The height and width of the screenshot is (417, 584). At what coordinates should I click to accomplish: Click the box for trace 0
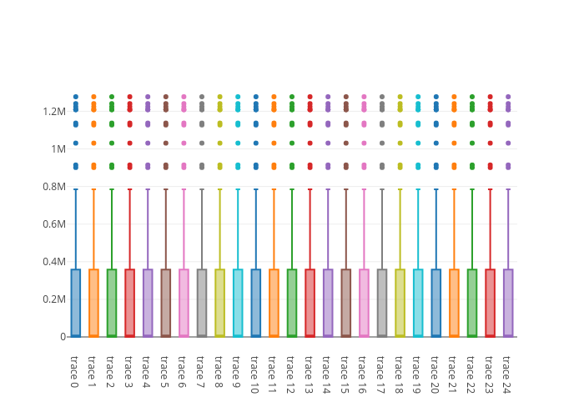click(75, 303)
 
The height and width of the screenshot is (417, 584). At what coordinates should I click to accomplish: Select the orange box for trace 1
click(93, 303)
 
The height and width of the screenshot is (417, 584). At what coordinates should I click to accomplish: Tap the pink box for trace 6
click(184, 303)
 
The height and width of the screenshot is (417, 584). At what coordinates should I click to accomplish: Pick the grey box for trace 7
click(202, 303)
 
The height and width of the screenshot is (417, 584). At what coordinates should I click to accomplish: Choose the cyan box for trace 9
click(238, 303)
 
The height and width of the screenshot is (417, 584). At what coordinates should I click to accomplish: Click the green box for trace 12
click(292, 303)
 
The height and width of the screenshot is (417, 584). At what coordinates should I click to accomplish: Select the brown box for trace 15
click(345, 303)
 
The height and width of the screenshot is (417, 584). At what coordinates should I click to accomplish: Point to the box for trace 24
click(508, 303)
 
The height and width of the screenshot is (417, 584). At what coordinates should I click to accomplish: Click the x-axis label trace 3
click(129, 370)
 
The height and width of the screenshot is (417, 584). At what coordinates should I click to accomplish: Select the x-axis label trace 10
click(255, 373)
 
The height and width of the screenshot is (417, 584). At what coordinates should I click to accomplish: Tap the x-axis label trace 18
click(400, 373)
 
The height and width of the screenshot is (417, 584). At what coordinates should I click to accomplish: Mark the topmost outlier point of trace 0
click(75, 97)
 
